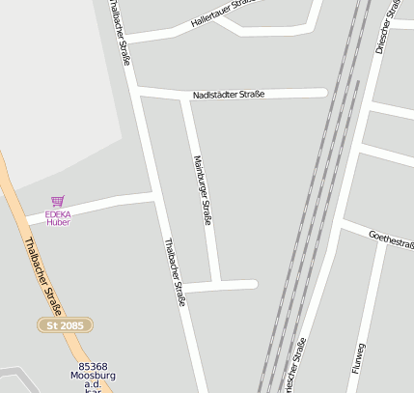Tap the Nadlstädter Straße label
click(229, 95)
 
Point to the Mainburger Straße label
click(202, 190)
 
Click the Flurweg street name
click(360, 357)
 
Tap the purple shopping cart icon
click(58, 201)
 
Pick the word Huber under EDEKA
click(58, 222)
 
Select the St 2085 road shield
click(65, 325)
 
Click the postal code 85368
click(93, 366)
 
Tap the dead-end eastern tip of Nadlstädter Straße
click(323, 94)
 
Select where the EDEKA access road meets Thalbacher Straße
click(155, 198)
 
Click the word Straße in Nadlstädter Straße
click(249, 95)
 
